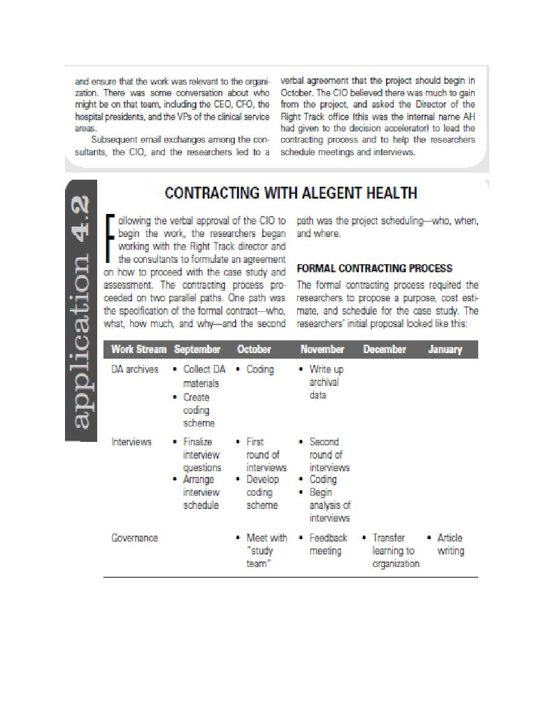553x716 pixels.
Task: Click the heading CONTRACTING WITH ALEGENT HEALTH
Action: point(290,193)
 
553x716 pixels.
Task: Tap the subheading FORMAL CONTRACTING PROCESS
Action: point(375,268)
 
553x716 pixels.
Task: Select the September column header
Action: point(197,350)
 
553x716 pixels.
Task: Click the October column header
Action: point(254,350)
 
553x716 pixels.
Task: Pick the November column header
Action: point(322,350)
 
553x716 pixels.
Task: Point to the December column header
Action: point(385,350)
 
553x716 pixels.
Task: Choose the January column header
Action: point(445,350)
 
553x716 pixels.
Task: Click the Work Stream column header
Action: point(138,350)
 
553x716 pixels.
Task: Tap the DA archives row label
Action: point(135,369)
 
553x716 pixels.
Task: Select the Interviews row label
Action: point(131,442)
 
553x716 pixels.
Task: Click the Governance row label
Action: point(135,538)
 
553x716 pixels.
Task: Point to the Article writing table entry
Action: point(450,544)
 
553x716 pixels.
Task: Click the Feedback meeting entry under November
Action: point(328,544)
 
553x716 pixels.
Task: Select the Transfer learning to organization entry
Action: point(395,550)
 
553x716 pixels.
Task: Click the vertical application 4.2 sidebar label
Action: point(81,310)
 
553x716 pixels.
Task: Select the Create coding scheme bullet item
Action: point(200,410)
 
